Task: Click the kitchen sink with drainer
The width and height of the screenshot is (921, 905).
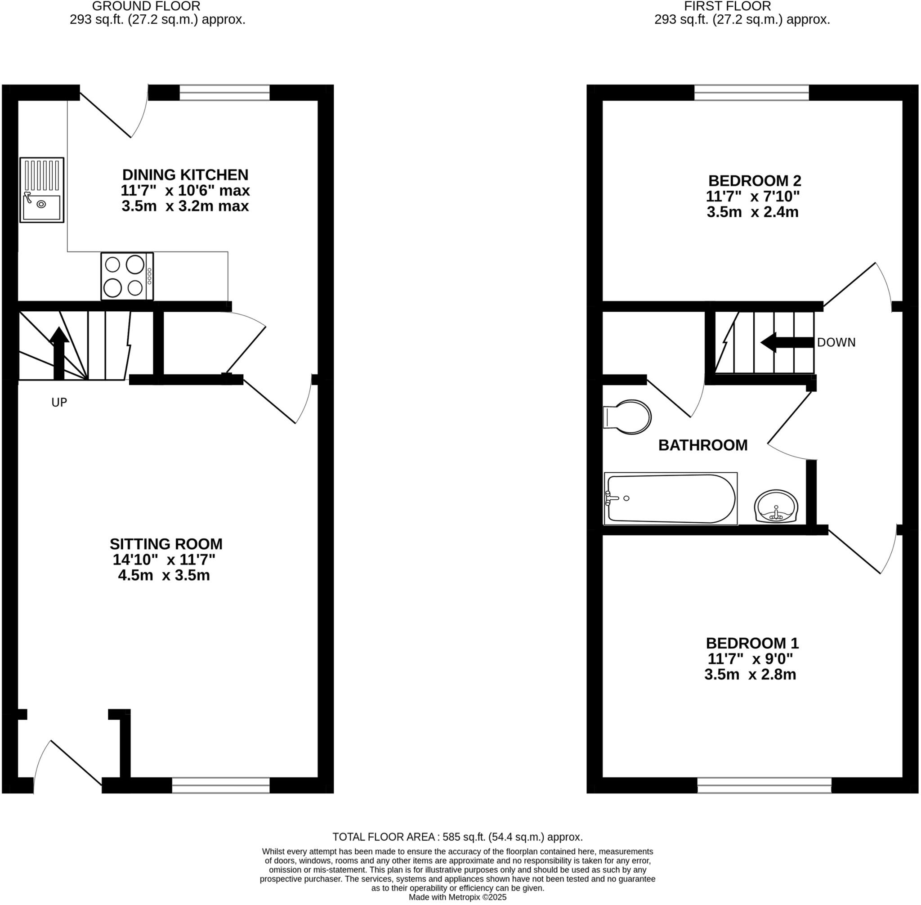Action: tap(42, 190)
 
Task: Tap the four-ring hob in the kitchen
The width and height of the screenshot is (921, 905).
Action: tap(127, 276)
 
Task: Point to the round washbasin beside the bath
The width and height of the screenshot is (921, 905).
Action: tap(776, 506)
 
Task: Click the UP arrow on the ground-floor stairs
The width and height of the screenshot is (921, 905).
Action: tap(59, 352)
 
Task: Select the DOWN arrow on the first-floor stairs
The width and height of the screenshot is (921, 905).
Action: tap(787, 342)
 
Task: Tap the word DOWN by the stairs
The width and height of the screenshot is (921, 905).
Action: tap(836, 343)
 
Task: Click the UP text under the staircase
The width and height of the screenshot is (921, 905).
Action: tap(59, 403)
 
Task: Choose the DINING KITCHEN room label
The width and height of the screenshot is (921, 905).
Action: tap(185, 175)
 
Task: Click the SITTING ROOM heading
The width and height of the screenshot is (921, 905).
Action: tap(166, 544)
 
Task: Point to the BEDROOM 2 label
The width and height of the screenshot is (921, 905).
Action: tap(755, 181)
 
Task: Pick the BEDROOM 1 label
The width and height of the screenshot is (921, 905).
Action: tap(752, 643)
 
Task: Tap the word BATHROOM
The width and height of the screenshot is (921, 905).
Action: tap(702, 445)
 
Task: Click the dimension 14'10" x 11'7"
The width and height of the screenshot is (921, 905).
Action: tap(164, 560)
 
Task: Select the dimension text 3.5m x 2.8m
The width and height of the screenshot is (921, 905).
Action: tap(750, 674)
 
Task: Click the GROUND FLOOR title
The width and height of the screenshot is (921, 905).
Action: tap(146, 7)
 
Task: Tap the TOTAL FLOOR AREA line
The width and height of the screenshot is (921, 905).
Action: tap(457, 837)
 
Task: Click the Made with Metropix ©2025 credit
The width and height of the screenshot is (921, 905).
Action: tap(457, 897)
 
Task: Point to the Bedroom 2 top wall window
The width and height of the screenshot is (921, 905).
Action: tap(751, 93)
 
